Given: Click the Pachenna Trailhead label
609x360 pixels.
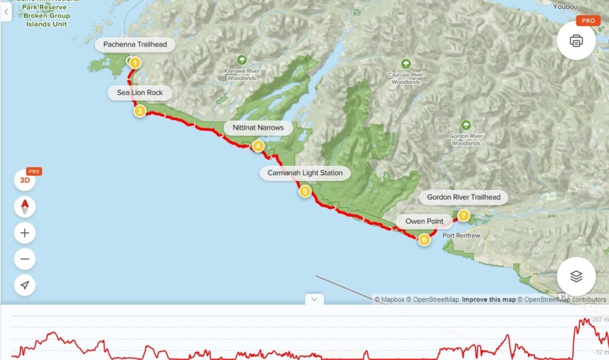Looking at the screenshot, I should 135,45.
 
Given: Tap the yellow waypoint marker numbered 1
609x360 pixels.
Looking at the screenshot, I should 135,63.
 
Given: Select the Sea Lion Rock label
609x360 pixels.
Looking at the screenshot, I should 139,93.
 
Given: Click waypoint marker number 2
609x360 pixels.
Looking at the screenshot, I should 139,111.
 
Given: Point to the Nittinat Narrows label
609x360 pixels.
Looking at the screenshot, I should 258,128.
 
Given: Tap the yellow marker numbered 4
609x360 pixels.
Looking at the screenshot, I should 258,146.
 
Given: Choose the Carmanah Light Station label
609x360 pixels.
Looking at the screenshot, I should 304,173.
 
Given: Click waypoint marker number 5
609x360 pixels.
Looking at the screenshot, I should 305,191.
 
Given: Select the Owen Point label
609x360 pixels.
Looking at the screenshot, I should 424,221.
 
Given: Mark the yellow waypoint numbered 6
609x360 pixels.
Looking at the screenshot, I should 424,240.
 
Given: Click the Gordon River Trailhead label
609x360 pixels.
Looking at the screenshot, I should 464,197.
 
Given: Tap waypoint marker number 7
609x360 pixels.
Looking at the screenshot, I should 464,215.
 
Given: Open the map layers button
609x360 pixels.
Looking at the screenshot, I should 576,276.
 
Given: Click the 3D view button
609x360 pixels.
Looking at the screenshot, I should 25,181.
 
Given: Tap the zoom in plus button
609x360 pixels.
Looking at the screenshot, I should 25,232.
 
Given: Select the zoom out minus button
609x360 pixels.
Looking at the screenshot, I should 25,259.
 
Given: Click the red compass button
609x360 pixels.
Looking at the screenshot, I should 25,207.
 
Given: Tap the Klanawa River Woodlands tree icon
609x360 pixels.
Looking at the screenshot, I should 242,59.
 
